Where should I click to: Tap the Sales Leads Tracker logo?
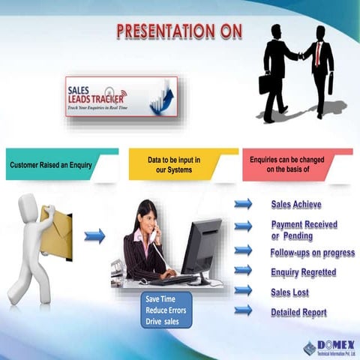121,96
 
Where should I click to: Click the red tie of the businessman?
319,53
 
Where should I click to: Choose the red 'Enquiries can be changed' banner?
293,163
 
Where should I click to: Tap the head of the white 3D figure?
29,207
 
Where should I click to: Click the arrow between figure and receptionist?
94,236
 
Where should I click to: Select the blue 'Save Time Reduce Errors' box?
166,310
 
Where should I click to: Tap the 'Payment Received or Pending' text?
304,229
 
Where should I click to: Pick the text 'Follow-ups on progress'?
312,253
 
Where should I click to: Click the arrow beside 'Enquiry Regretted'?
243,270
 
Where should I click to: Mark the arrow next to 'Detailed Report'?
243,310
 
